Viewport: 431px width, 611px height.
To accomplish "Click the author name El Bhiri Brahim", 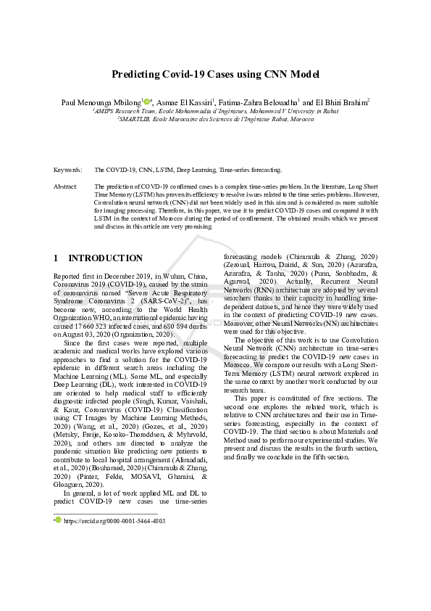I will pyautogui.click(x=340, y=102).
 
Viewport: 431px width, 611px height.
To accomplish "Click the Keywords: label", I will pyautogui.click(x=68, y=170).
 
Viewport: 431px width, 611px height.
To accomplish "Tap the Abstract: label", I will pyautogui.click(x=66, y=186).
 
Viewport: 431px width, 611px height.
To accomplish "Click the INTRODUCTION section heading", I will pyautogui.click(x=105, y=258).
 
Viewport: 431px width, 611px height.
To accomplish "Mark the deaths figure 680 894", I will pyautogui.click(x=173, y=327).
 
